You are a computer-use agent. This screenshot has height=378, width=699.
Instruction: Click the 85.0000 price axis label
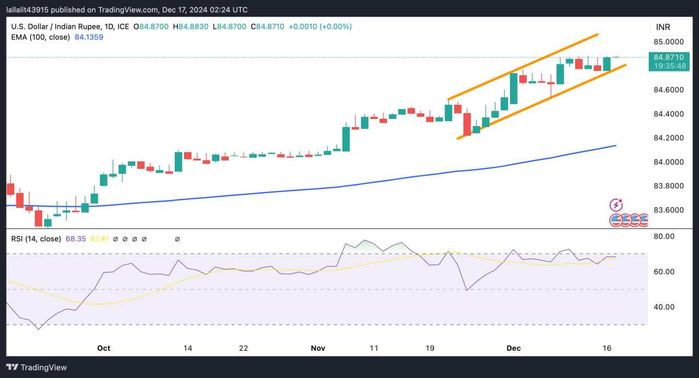click(x=668, y=42)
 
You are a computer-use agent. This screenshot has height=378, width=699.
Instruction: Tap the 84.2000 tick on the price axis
click(x=668, y=138)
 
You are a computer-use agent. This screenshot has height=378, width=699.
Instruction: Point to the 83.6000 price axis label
click(x=668, y=210)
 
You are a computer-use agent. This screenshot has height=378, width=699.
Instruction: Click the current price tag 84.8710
click(x=668, y=57)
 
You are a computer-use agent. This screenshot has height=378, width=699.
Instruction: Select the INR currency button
click(x=664, y=27)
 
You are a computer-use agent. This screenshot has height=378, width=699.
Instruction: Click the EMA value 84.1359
click(x=89, y=37)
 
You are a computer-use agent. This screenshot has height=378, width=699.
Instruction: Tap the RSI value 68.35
click(x=76, y=239)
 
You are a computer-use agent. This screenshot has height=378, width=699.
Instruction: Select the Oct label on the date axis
click(x=104, y=348)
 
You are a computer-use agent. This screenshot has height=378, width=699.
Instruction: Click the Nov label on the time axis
click(x=318, y=348)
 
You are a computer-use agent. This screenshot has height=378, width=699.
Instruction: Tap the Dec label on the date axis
click(x=514, y=348)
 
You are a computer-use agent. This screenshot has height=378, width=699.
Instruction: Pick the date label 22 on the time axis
click(x=244, y=348)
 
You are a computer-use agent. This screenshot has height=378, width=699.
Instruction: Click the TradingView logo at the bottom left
click(x=37, y=367)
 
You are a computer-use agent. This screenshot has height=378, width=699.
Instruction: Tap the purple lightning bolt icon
click(x=616, y=205)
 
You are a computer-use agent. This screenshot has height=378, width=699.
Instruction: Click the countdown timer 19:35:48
click(x=668, y=65)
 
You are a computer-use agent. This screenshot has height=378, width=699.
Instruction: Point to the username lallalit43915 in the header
click(x=33, y=10)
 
